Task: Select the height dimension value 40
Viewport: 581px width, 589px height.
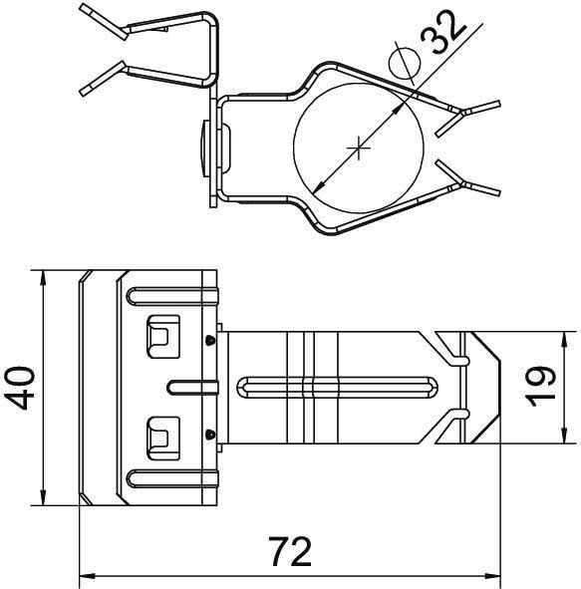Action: pyautogui.click(x=22, y=387)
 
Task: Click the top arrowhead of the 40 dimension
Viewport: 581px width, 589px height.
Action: pyautogui.click(x=44, y=276)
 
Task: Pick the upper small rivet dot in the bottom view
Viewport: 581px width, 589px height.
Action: pyautogui.click(x=211, y=340)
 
